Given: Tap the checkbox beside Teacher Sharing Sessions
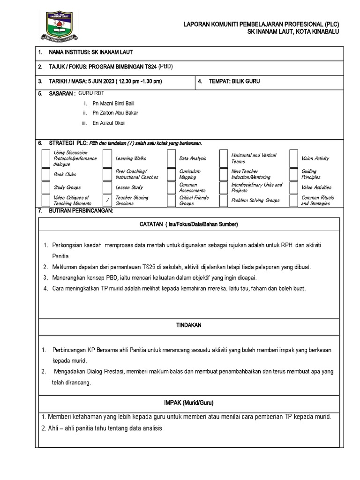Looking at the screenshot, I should click(x=107, y=201).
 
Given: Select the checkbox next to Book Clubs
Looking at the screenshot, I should click(x=45, y=174).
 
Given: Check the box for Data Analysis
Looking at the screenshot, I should click(x=171, y=159).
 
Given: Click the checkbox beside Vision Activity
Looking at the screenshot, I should click(x=294, y=159).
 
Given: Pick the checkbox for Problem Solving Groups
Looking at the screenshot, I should click(x=224, y=201).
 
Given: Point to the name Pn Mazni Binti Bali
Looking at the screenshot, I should click(x=113, y=103).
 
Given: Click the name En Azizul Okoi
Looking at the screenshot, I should click(x=109, y=123).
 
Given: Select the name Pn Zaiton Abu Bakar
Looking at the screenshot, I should click(x=115, y=113).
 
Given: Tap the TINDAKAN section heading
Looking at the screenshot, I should click(x=189, y=325).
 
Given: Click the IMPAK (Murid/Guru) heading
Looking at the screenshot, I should click(x=189, y=403).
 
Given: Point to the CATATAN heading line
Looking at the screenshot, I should click(x=189, y=225).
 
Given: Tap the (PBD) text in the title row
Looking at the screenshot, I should click(x=166, y=67).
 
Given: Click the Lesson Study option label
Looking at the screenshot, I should click(x=129, y=187).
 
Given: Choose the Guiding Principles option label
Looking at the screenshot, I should click(x=311, y=174).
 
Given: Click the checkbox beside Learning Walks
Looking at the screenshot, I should click(x=107, y=159).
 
